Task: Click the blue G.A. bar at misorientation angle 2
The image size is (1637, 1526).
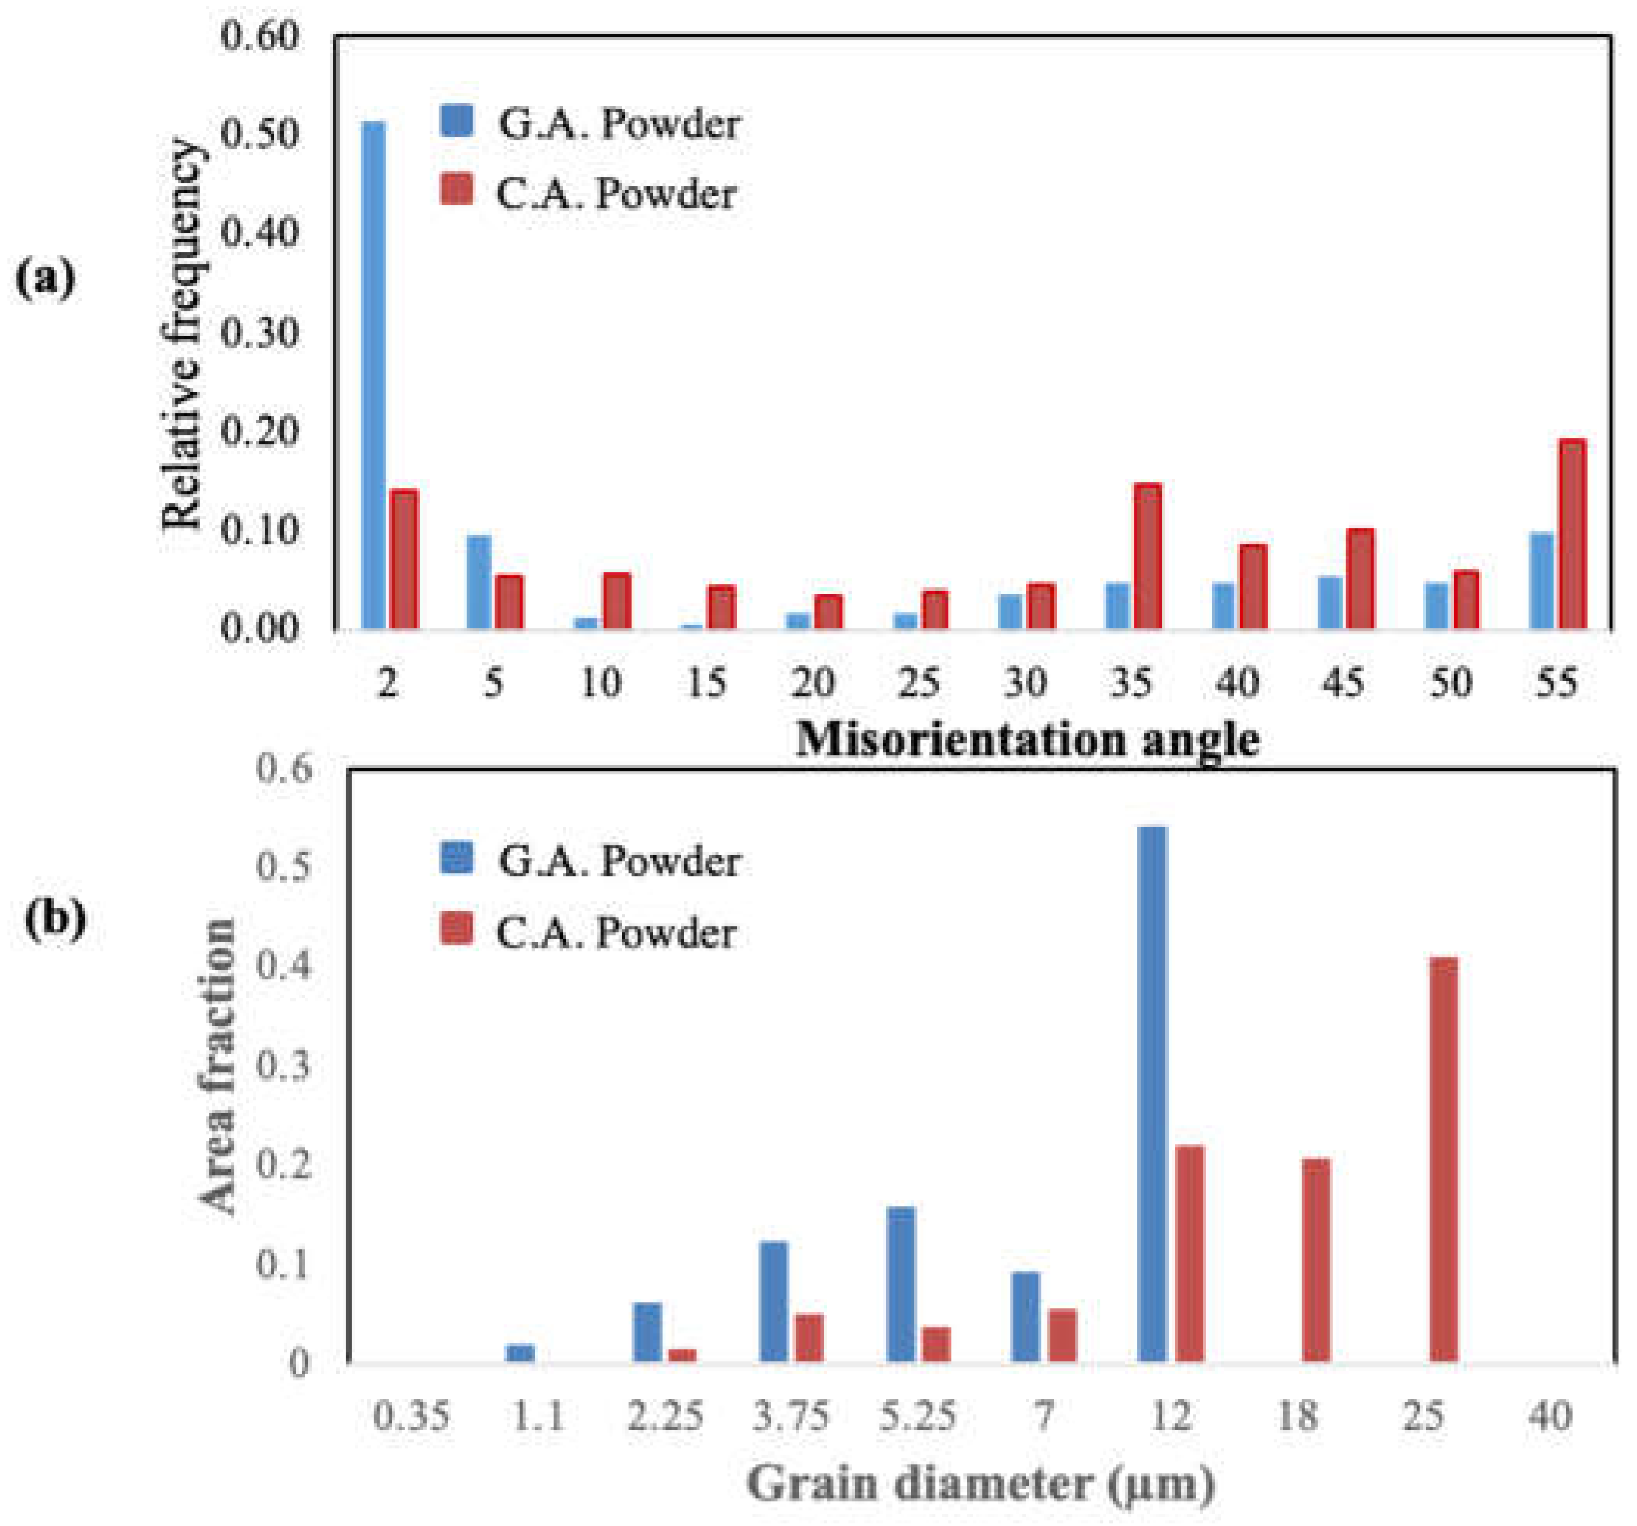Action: coord(374,375)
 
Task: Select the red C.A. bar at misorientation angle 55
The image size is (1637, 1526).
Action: coord(1572,535)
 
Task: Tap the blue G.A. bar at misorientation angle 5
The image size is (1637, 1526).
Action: coord(479,582)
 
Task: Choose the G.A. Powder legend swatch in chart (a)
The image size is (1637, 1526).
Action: coord(457,120)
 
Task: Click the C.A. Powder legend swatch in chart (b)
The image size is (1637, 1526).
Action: coord(457,930)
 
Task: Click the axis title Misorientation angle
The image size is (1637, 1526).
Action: coord(1027,739)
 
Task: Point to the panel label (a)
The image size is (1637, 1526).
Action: coord(45,277)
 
